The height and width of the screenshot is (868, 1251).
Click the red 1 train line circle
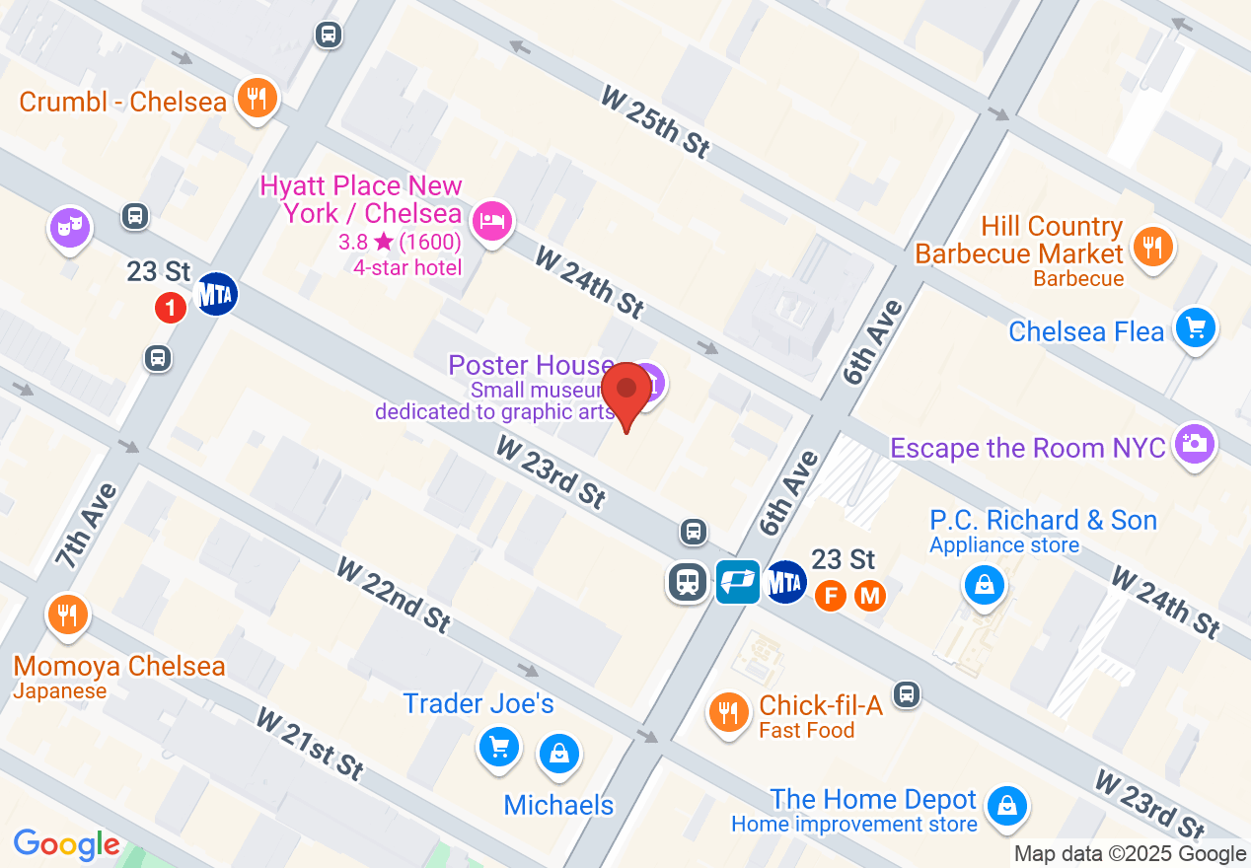pos(171,309)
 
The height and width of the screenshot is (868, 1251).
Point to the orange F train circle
pos(831,596)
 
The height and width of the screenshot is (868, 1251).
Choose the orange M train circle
pos(869,596)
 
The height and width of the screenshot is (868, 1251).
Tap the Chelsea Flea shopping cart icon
pos(1196,327)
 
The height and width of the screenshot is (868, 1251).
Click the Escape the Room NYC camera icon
pos(1194,444)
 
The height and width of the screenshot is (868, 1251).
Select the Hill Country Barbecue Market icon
pos(1150,245)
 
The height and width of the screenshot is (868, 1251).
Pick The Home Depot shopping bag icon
pos(1006,803)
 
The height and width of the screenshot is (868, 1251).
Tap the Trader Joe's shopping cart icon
pos(499,746)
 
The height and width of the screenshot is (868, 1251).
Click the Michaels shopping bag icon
pos(559,755)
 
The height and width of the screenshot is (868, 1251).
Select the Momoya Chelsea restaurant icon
pos(67,615)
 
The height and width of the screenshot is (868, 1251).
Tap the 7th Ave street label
pos(87,526)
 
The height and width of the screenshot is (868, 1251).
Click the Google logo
pos(66,845)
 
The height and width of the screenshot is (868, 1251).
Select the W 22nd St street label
pos(394,595)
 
